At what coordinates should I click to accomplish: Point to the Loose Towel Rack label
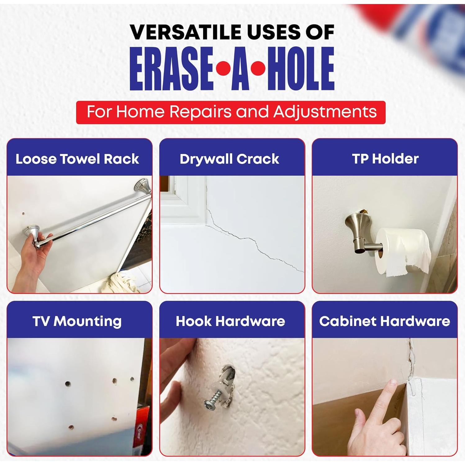pyautogui.click(x=77, y=159)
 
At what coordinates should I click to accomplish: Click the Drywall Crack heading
pyautogui.click(x=229, y=159)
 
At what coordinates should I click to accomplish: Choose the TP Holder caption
pyautogui.click(x=385, y=159)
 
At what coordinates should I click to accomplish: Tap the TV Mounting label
pyautogui.click(x=77, y=321)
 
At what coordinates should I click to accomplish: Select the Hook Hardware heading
pyautogui.click(x=230, y=321)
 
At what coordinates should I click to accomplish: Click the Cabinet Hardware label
pyautogui.click(x=385, y=321)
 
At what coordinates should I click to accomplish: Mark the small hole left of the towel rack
pyautogui.click(x=23, y=214)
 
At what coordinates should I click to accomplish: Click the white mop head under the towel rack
pyautogui.click(x=123, y=282)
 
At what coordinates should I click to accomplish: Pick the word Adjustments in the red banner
pyautogui.click(x=325, y=112)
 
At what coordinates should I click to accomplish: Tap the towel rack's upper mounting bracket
pyautogui.click(x=142, y=187)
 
